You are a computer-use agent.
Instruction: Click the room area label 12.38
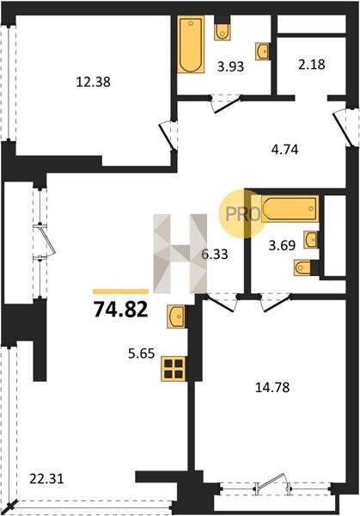[93, 82]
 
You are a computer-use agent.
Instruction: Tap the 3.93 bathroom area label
[230, 66]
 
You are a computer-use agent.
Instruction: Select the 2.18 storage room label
[312, 64]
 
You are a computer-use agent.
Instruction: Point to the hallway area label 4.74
[284, 150]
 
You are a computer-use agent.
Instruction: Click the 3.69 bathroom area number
[282, 245]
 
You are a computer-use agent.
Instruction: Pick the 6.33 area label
[215, 254]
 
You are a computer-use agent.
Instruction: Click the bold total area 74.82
[120, 310]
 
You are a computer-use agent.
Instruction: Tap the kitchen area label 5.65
[141, 353]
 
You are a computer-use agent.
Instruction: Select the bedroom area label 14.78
[272, 387]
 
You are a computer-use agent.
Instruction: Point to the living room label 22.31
[46, 478]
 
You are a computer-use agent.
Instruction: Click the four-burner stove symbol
[174, 369]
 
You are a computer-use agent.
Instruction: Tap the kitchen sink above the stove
[176, 316]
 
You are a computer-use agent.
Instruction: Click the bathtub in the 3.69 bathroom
[290, 209]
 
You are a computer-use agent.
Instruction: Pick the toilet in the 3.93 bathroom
[223, 32]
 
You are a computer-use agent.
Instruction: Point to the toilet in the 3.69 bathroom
[302, 267]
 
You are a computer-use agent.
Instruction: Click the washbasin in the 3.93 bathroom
[263, 52]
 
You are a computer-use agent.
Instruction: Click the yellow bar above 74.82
[120, 292]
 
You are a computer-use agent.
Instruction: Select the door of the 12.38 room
[166, 137]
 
